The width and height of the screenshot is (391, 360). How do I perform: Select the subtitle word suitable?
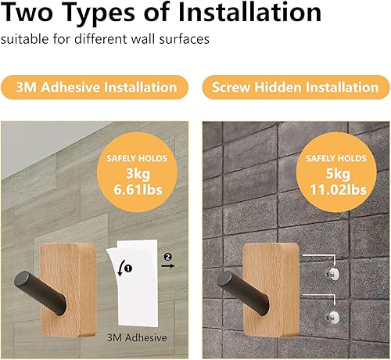point(25,40)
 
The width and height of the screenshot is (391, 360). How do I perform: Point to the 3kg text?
point(137,172)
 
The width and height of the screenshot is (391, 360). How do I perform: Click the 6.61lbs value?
point(137,189)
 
